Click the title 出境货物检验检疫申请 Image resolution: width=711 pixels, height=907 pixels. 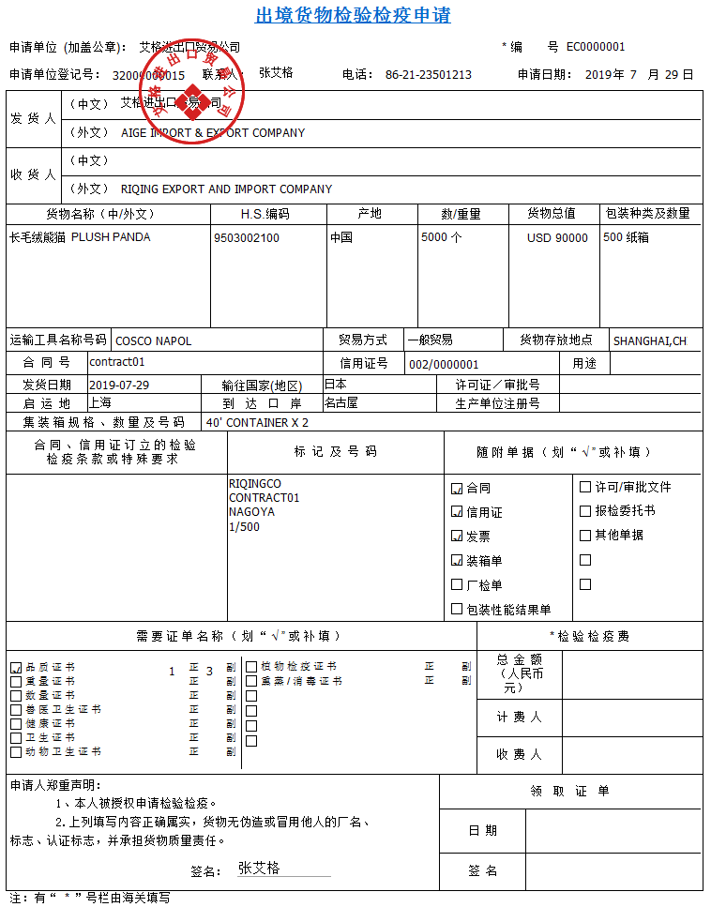tap(354, 16)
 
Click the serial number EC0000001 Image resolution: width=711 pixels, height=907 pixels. tap(596, 47)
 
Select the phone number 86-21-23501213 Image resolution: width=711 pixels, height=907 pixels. tap(428, 75)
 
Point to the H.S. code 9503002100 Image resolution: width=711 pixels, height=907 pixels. tap(246, 238)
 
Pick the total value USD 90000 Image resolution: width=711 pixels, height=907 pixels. tap(557, 238)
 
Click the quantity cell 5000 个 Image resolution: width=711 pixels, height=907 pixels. tap(442, 237)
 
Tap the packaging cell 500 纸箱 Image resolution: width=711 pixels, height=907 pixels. tap(627, 237)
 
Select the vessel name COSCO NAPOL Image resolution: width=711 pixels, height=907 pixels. tap(153, 340)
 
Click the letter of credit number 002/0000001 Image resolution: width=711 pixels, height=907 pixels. tap(444, 364)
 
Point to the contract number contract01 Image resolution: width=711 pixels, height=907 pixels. tap(117, 362)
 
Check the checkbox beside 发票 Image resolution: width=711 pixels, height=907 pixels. tap(457, 537)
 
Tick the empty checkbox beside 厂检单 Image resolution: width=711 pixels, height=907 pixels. tap(457, 585)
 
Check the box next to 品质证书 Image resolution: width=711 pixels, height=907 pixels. tap(15, 667)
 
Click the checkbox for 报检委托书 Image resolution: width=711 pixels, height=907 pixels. tap(585, 511)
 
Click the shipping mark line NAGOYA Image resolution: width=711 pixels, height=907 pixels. tap(251, 512)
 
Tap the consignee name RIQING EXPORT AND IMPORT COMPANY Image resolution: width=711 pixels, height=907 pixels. tap(226, 189)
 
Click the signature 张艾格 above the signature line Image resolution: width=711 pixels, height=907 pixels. tap(259, 868)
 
